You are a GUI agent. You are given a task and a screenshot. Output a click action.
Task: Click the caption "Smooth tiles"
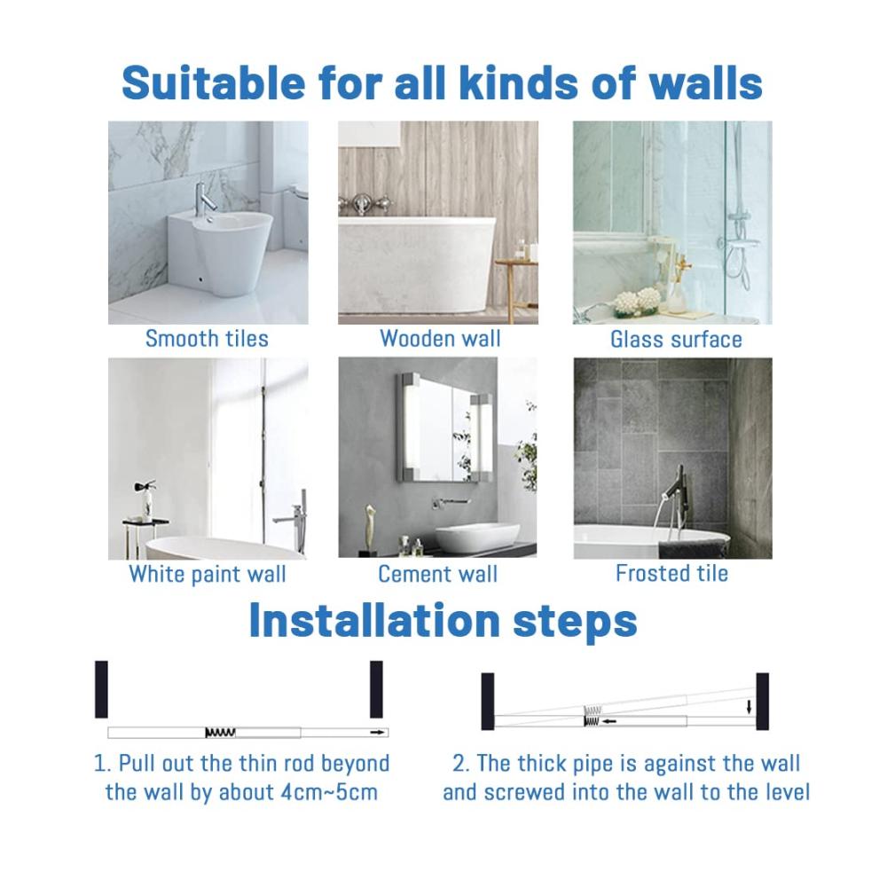click(207, 339)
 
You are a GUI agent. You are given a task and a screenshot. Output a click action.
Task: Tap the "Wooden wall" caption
click(440, 339)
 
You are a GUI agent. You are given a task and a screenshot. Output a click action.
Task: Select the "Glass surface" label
click(676, 340)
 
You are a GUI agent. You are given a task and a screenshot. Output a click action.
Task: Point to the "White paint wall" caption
click(208, 574)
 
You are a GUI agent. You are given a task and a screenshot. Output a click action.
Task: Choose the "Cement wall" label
click(438, 574)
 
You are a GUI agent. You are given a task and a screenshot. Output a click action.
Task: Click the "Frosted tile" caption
click(672, 574)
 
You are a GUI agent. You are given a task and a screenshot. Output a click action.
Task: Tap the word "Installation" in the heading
click(374, 621)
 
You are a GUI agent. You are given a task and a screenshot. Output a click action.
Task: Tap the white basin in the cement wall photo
click(477, 537)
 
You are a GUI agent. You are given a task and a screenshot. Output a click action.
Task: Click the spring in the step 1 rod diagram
click(220, 733)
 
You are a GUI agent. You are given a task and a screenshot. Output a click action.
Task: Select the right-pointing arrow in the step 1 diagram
click(377, 733)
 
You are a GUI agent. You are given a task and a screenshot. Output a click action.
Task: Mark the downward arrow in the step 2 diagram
click(750, 707)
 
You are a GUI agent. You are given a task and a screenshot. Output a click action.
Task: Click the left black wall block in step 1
click(101, 689)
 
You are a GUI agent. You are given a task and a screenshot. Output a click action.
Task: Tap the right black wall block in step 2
click(763, 701)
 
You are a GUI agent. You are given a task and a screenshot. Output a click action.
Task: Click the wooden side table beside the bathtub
click(516, 283)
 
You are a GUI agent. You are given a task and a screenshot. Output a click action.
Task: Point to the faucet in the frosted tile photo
click(676, 492)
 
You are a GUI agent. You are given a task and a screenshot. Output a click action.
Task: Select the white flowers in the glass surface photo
click(637, 301)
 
